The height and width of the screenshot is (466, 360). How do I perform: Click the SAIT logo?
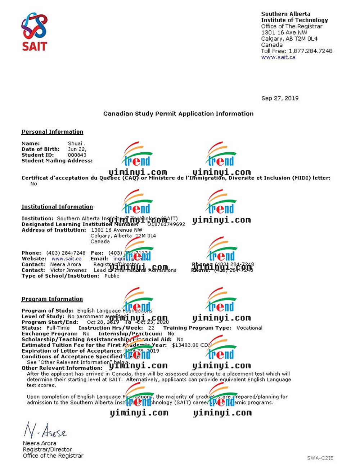coord(34,31)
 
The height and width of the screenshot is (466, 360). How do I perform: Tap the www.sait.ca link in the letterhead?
coord(278,57)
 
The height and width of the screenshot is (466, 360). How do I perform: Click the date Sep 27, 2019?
coord(280,98)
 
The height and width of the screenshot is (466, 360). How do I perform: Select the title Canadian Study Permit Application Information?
coord(178,113)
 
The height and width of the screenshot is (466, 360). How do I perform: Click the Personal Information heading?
coord(52,132)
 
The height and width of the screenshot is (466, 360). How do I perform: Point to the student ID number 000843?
coord(77,155)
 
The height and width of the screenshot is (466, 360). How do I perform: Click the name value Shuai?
coord(75,143)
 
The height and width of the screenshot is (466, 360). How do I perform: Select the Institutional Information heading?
coord(57,207)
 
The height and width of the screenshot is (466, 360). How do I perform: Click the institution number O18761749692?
coord(166,224)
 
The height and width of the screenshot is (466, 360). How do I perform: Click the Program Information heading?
coord(52,299)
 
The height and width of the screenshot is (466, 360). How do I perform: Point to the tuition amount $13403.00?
coord(185,345)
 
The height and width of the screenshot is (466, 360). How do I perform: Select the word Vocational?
coord(249,328)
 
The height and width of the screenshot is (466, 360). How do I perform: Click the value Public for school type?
coord(112,276)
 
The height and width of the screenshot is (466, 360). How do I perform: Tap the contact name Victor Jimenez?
coord(68,270)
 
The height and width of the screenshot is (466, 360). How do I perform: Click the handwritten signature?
coord(45,430)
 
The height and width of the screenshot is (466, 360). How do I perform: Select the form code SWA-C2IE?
coord(320,458)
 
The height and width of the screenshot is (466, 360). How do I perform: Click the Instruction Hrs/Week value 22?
coord(151,328)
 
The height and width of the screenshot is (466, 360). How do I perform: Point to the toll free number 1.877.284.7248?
coord(310,51)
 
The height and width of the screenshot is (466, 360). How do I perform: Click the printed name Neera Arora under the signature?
coord(40,443)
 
